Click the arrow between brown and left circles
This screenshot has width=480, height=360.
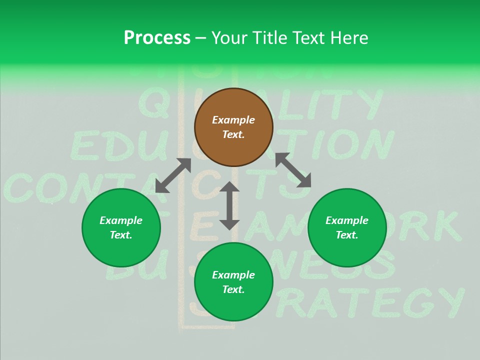click(x=173, y=175)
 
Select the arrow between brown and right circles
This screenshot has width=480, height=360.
click(x=293, y=170)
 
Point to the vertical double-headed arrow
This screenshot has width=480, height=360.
click(x=229, y=205)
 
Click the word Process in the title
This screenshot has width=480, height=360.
click(x=157, y=37)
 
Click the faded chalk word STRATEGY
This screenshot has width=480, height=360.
click(x=370, y=303)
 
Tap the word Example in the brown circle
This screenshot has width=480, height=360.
click(x=233, y=120)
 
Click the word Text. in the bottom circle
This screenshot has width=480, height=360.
click(x=233, y=289)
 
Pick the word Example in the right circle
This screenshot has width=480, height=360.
click(x=347, y=220)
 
